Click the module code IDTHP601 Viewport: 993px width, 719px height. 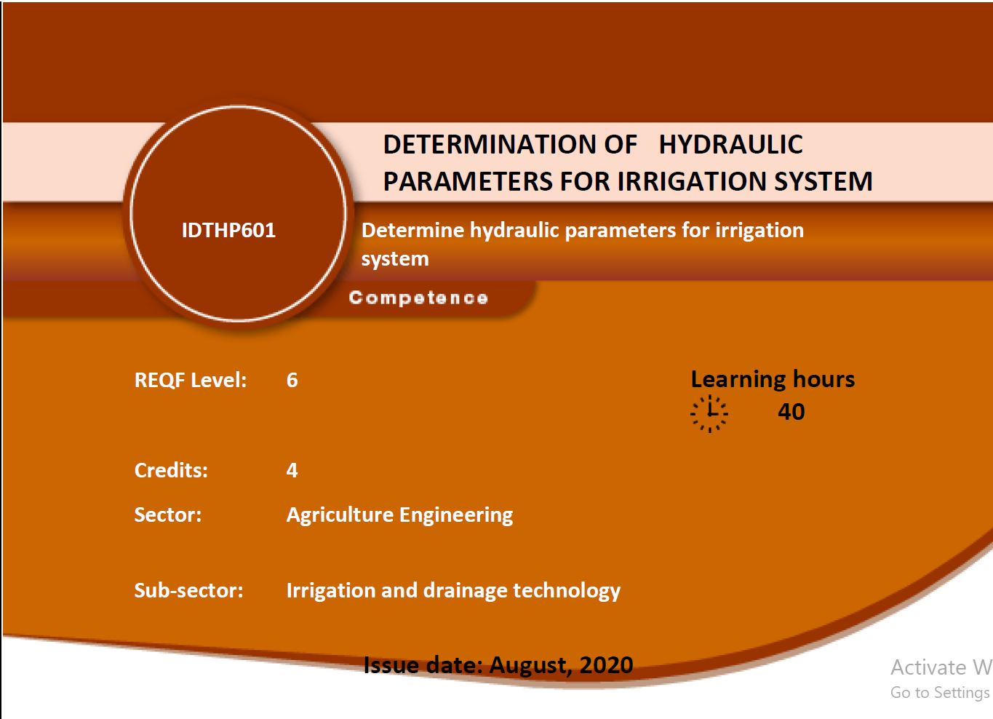[228, 230]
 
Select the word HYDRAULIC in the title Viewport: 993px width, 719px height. [731, 144]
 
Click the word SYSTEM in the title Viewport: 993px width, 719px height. [823, 181]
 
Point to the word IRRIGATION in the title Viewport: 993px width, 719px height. [692, 181]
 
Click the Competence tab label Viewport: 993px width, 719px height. [418, 298]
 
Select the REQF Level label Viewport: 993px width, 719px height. [191, 380]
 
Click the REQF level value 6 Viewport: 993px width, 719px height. [292, 380]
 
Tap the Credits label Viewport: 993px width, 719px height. [171, 470]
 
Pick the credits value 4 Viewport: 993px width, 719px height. [292, 470]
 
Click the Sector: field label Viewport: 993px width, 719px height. [168, 515]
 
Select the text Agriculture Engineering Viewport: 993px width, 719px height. [400, 516]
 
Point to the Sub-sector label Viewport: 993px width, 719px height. [189, 590]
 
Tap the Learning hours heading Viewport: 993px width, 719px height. [773, 380]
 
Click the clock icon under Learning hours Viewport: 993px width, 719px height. [709, 413]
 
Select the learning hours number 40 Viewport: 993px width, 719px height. [791, 412]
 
